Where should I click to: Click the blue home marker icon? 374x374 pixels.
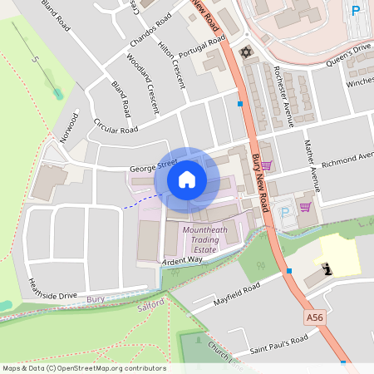coord(187,180)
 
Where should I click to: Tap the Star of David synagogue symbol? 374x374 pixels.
coord(244,52)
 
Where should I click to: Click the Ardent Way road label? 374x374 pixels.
coord(183,260)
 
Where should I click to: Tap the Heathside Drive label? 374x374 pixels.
coord(52,288)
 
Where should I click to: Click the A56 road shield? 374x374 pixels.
coord(313,317)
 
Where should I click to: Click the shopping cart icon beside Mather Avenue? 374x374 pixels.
coord(305,206)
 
